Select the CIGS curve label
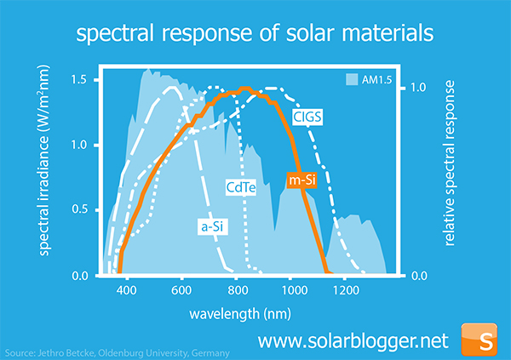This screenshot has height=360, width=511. (307, 117)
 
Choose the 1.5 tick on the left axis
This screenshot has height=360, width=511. (79, 79)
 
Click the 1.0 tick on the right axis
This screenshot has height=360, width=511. (419, 88)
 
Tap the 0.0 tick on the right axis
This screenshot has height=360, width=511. (419, 276)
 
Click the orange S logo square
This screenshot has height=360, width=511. (485, 339)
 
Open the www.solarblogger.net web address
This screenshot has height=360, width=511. (352, 340)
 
